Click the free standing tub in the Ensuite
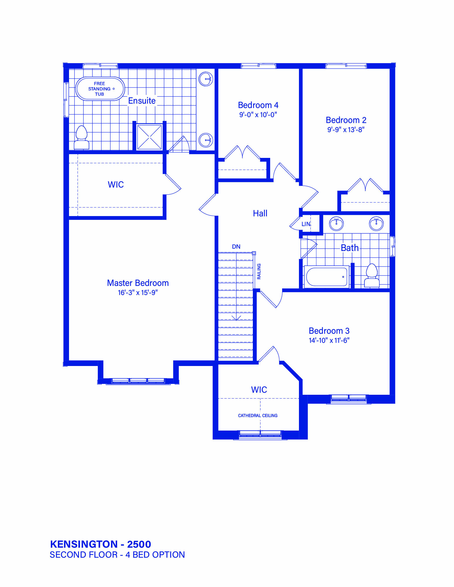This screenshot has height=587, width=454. click(100, 89)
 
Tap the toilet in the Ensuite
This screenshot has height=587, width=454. click(81, 137)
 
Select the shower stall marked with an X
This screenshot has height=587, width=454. click(149, 137)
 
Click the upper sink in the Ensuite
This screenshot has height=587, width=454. click(206, 79)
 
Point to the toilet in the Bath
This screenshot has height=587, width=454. click(372, 275)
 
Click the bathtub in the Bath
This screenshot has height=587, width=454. click(327, 277)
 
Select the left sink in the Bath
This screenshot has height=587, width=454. click(336, 224)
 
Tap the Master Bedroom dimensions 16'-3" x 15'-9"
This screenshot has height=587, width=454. click(138, 293)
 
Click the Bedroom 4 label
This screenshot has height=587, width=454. click(258, 105)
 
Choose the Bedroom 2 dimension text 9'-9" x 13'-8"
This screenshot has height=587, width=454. click(346, 129)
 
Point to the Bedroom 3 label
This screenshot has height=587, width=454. click(329, 331)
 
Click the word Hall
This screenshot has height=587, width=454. click(260, 213)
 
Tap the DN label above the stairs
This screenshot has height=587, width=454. click(236, 247)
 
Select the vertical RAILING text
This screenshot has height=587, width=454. click(259, 271)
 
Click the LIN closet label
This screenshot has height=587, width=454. click(306, 224)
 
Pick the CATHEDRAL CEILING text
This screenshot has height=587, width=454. click(258, 416)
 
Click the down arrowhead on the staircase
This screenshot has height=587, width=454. click(236, 318)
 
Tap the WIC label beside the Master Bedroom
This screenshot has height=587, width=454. click(116, 185)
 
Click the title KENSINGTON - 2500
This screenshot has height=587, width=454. click(100, 544)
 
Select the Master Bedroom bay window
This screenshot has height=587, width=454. click(138, 381)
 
